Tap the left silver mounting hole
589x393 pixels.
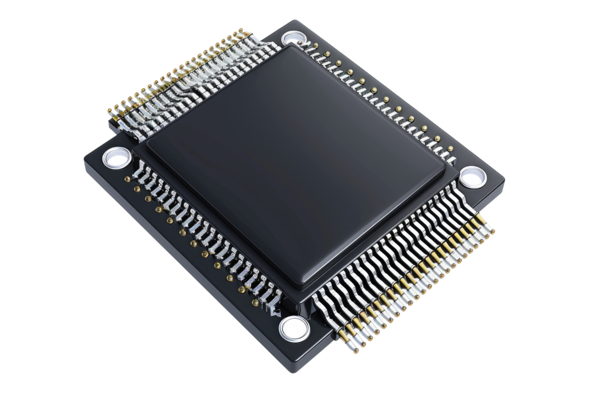pyautogui.click(x=117, y=157)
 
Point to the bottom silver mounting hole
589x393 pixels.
pyautogui.click(x=294, y=327)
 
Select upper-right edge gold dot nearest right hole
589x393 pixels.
pyautogui.click(x=450, y=149)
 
